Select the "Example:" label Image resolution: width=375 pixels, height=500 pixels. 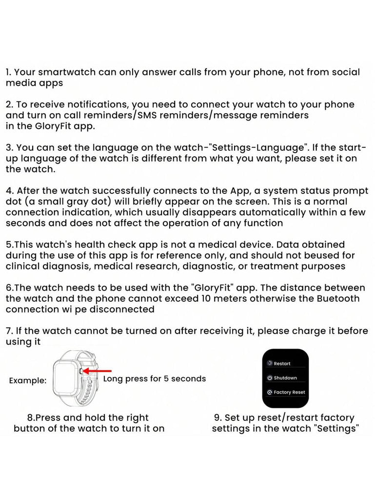[28, 380]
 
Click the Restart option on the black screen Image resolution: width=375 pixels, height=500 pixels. [282, 364]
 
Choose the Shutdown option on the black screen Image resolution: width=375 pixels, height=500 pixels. [285, 378]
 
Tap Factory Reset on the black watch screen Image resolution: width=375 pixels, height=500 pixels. [289, 392]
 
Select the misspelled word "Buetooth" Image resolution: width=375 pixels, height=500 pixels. [336, 298]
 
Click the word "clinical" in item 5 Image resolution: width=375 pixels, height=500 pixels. [24, 266]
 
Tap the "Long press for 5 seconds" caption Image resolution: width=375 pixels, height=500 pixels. [155, 378]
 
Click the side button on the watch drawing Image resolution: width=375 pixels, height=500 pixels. [80, 371]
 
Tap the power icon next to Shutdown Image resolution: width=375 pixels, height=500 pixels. [269, 378]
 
